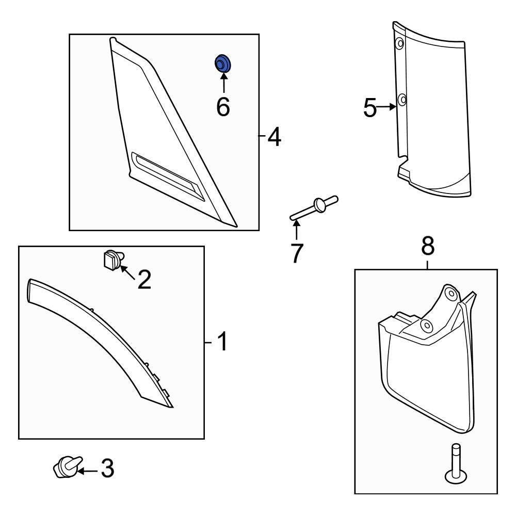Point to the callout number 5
coord(370,108)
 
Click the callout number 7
coord(296,253)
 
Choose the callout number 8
coord(428,247)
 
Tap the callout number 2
coord(143,279)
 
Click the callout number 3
coord(106,469)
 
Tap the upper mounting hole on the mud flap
coord(450,294)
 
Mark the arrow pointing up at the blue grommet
coord(223,83)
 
